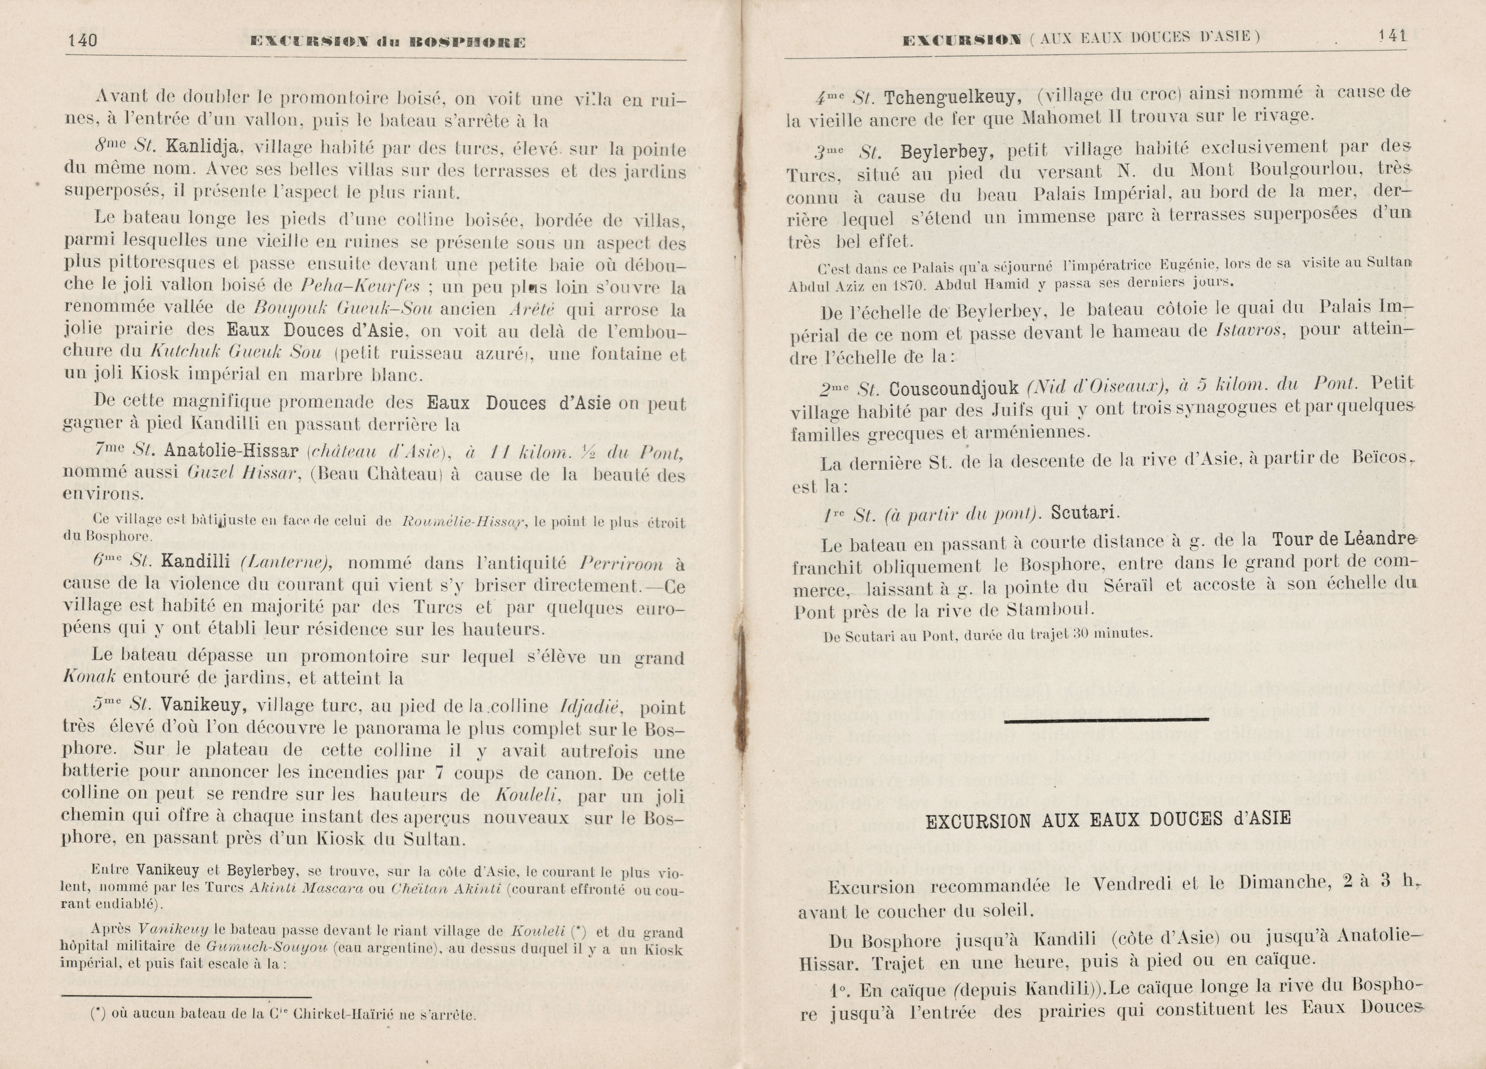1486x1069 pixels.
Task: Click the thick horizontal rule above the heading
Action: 1106,720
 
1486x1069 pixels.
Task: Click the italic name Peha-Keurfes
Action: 360,286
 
